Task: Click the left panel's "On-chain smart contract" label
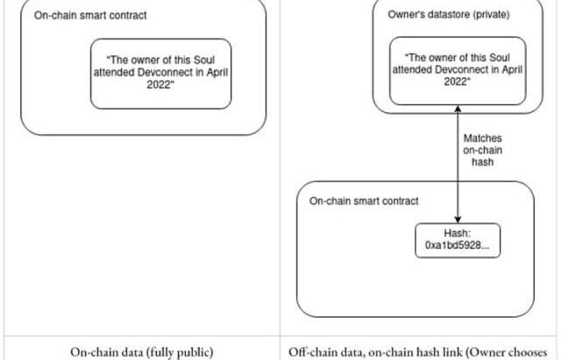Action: pyautogui.click(x=90, y=16)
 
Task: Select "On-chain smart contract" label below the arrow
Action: pyautogui.click(x=364, y=201)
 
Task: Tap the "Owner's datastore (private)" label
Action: pyautogui.click(x=449, y=15)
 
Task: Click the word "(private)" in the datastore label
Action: pyautogui.click(x=490, y=15)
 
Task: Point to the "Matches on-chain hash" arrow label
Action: pyautogui.click(x=483, y=150)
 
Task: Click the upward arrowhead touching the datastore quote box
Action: pyautogui.click(x=458, y=109)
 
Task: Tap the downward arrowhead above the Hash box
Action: pyautogui.click(x=458, y=220)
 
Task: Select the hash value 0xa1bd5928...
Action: pyautogui.click(x=458, y=245)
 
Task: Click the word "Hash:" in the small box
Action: pyautogui.click(x=458, y=234)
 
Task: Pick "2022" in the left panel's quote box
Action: pyautogui.click(x=160, y=85)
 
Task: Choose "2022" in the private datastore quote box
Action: pyautogui.click(x=456, y=81)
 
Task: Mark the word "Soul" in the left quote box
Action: pyautogui.click(x=204, y=60)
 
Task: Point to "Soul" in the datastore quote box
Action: pyautogui.click(x=500, y=58)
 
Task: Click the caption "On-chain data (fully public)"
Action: pyautogui.click(x=142, y=352)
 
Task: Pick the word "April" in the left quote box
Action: pyautogui.click(x=217, y=73)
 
